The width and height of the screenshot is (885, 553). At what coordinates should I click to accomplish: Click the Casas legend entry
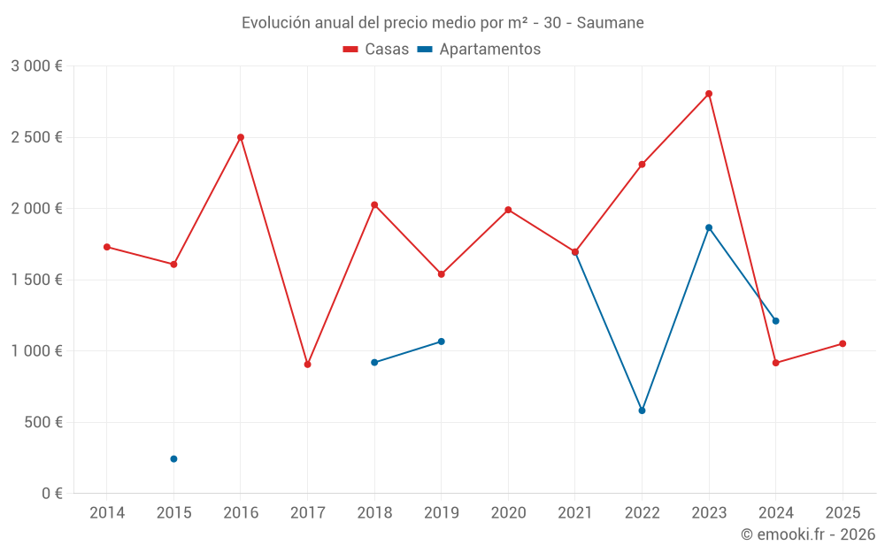coord(376,50)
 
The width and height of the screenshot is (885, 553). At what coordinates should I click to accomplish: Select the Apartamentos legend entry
coord(479,50)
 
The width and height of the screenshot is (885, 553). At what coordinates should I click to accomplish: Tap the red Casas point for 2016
coord(241,137)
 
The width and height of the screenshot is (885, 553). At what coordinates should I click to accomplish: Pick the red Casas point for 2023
coord(709,94)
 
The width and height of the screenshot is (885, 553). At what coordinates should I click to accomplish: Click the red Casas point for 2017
coord(307,365)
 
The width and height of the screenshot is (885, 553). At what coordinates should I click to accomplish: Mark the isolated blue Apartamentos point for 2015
coord(173,459)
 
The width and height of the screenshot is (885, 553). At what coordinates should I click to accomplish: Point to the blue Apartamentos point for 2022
coord(642,411)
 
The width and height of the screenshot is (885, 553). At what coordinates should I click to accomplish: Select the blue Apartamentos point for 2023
coord(709,227)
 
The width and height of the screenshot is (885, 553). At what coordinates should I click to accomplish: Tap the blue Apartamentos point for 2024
coord(775,321)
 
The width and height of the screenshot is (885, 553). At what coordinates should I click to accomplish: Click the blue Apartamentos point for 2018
coord(374,363)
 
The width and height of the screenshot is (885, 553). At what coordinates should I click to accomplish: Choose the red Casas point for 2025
coord(843,344)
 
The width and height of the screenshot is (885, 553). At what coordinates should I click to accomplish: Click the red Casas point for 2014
coord(107,247)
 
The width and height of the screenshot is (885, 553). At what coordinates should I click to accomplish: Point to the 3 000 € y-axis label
coord(36,66)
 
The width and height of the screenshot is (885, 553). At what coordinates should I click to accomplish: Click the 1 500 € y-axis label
coord(36,280)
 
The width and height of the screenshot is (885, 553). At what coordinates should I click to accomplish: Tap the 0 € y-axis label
coord(52,494)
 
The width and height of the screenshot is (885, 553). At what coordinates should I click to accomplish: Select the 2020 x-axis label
coord(508,513)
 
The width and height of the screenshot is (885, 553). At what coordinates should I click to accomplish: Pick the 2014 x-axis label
coord(107,513)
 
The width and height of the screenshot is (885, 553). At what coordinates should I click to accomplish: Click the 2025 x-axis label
coord(843,513)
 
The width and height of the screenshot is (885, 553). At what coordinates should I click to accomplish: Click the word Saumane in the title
coord(611,23)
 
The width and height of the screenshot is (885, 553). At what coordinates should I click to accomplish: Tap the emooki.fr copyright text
coord(808,534)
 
